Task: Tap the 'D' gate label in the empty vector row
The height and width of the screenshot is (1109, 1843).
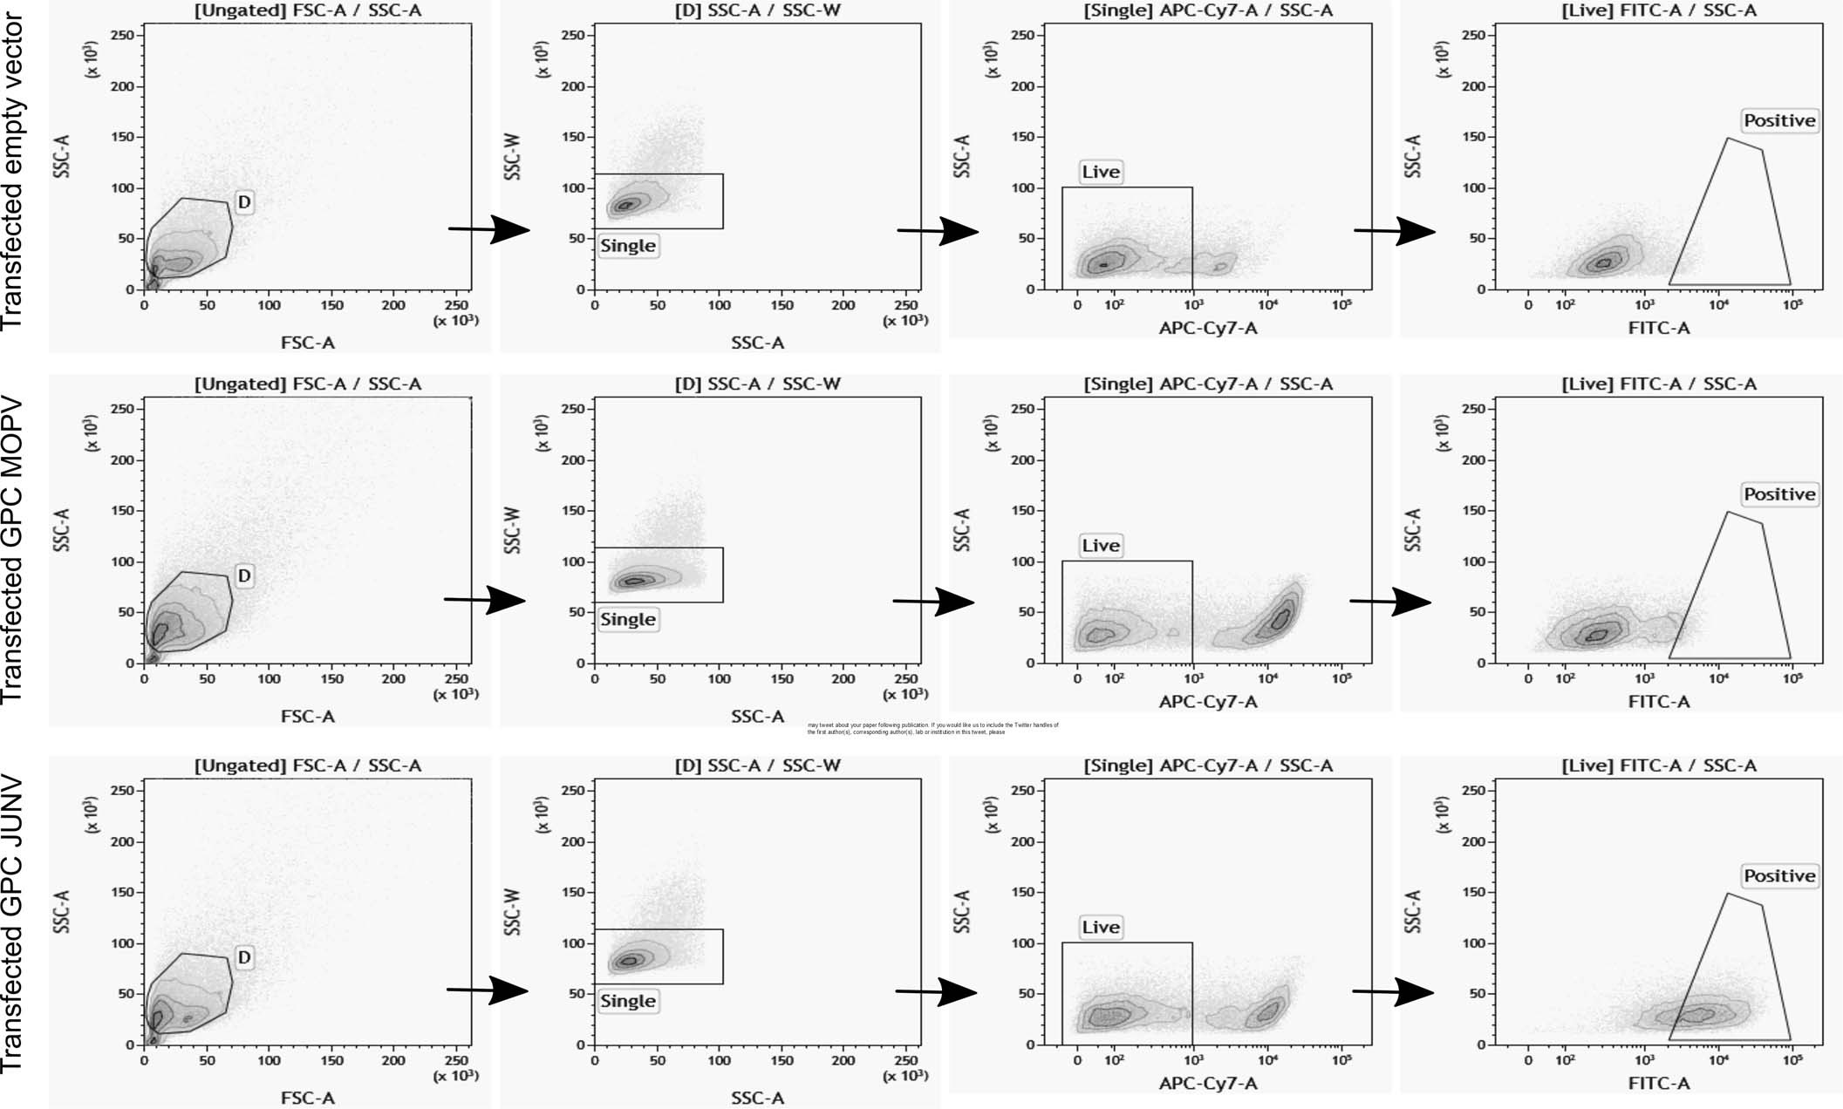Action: pyautogui.click(x=244, y=202)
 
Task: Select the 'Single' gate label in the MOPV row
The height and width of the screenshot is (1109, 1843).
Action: pyautogui.click(x=627, y=619)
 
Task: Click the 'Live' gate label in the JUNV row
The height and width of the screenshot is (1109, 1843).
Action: pyautogui.click(x=1100, y=927)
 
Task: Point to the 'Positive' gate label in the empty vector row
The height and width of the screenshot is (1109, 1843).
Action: pyautogui.click(x=1779, y=120)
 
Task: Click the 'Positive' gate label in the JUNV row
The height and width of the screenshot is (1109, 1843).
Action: pyautogui.click(x=1779, y=875)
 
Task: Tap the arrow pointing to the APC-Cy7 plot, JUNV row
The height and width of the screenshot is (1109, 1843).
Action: pyautogui.click(x=938, y=991)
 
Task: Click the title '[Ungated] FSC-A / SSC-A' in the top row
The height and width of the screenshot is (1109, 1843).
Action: pyautogui.click(x=307, y=10)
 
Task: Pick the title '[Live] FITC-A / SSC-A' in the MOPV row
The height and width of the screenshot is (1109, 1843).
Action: pyautogui.click(x=1658, y=384)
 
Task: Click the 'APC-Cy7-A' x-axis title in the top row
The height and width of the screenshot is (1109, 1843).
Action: pyautogui.click(x=1207, y=328)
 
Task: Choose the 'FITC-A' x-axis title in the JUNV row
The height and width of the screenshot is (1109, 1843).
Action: pyautogui.click(x=1658, y=1083)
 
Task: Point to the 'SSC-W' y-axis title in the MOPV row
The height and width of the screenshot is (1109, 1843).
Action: pyautogui.click(x=513, y=529)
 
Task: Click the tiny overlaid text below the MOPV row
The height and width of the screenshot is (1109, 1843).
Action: pyautogui.click(x=932, y=728)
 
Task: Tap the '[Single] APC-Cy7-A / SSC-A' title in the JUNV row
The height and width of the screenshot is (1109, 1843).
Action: pyautogui.click(x=1207, y=765)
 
